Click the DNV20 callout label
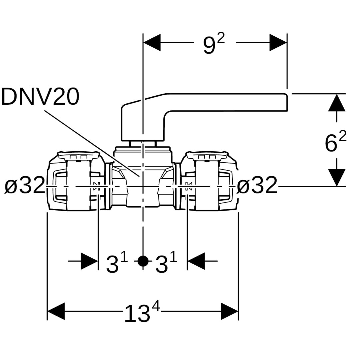click(40, 97)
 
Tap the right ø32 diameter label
click(257, 186)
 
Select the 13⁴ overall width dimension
click(142, 313)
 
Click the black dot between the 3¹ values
click(143, 261)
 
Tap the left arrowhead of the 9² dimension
click(152, 42)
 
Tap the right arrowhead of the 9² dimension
click(278, 42)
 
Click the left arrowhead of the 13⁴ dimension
click(56, 311)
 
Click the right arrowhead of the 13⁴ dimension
click(230, 311)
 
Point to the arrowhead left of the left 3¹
click(89, 261)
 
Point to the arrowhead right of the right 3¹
click(196, 261)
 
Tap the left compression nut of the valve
click(75, 182)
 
